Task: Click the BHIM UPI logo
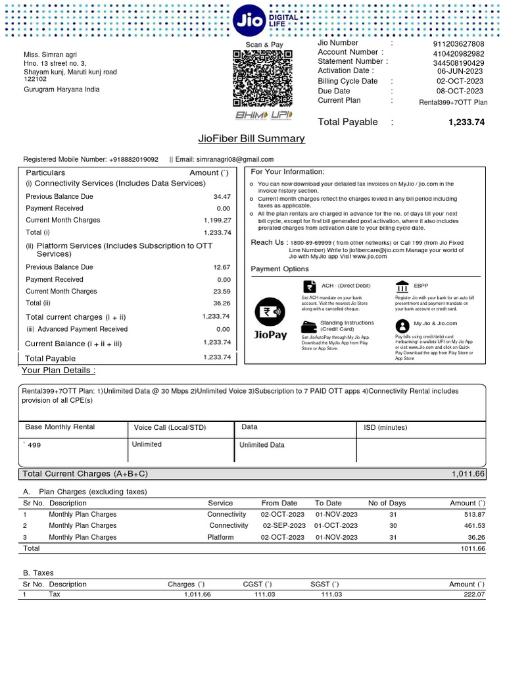click(264, 115)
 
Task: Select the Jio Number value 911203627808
click(460, 44)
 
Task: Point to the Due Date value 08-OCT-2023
click(460, 91)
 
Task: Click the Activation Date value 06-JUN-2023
click(460, 71)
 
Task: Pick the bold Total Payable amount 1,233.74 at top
click(466, 122)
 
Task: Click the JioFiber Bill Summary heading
click(251, 139)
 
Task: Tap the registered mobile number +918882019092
click(134, 159)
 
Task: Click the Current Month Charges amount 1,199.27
click(217, 220)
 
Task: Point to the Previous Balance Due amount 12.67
click(222, 267)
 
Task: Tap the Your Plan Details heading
click(59, 371)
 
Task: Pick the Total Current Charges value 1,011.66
click(468, 474)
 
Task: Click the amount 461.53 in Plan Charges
click(471, 526)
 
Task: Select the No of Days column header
click(387, 503)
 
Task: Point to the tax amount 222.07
click(471, 595)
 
